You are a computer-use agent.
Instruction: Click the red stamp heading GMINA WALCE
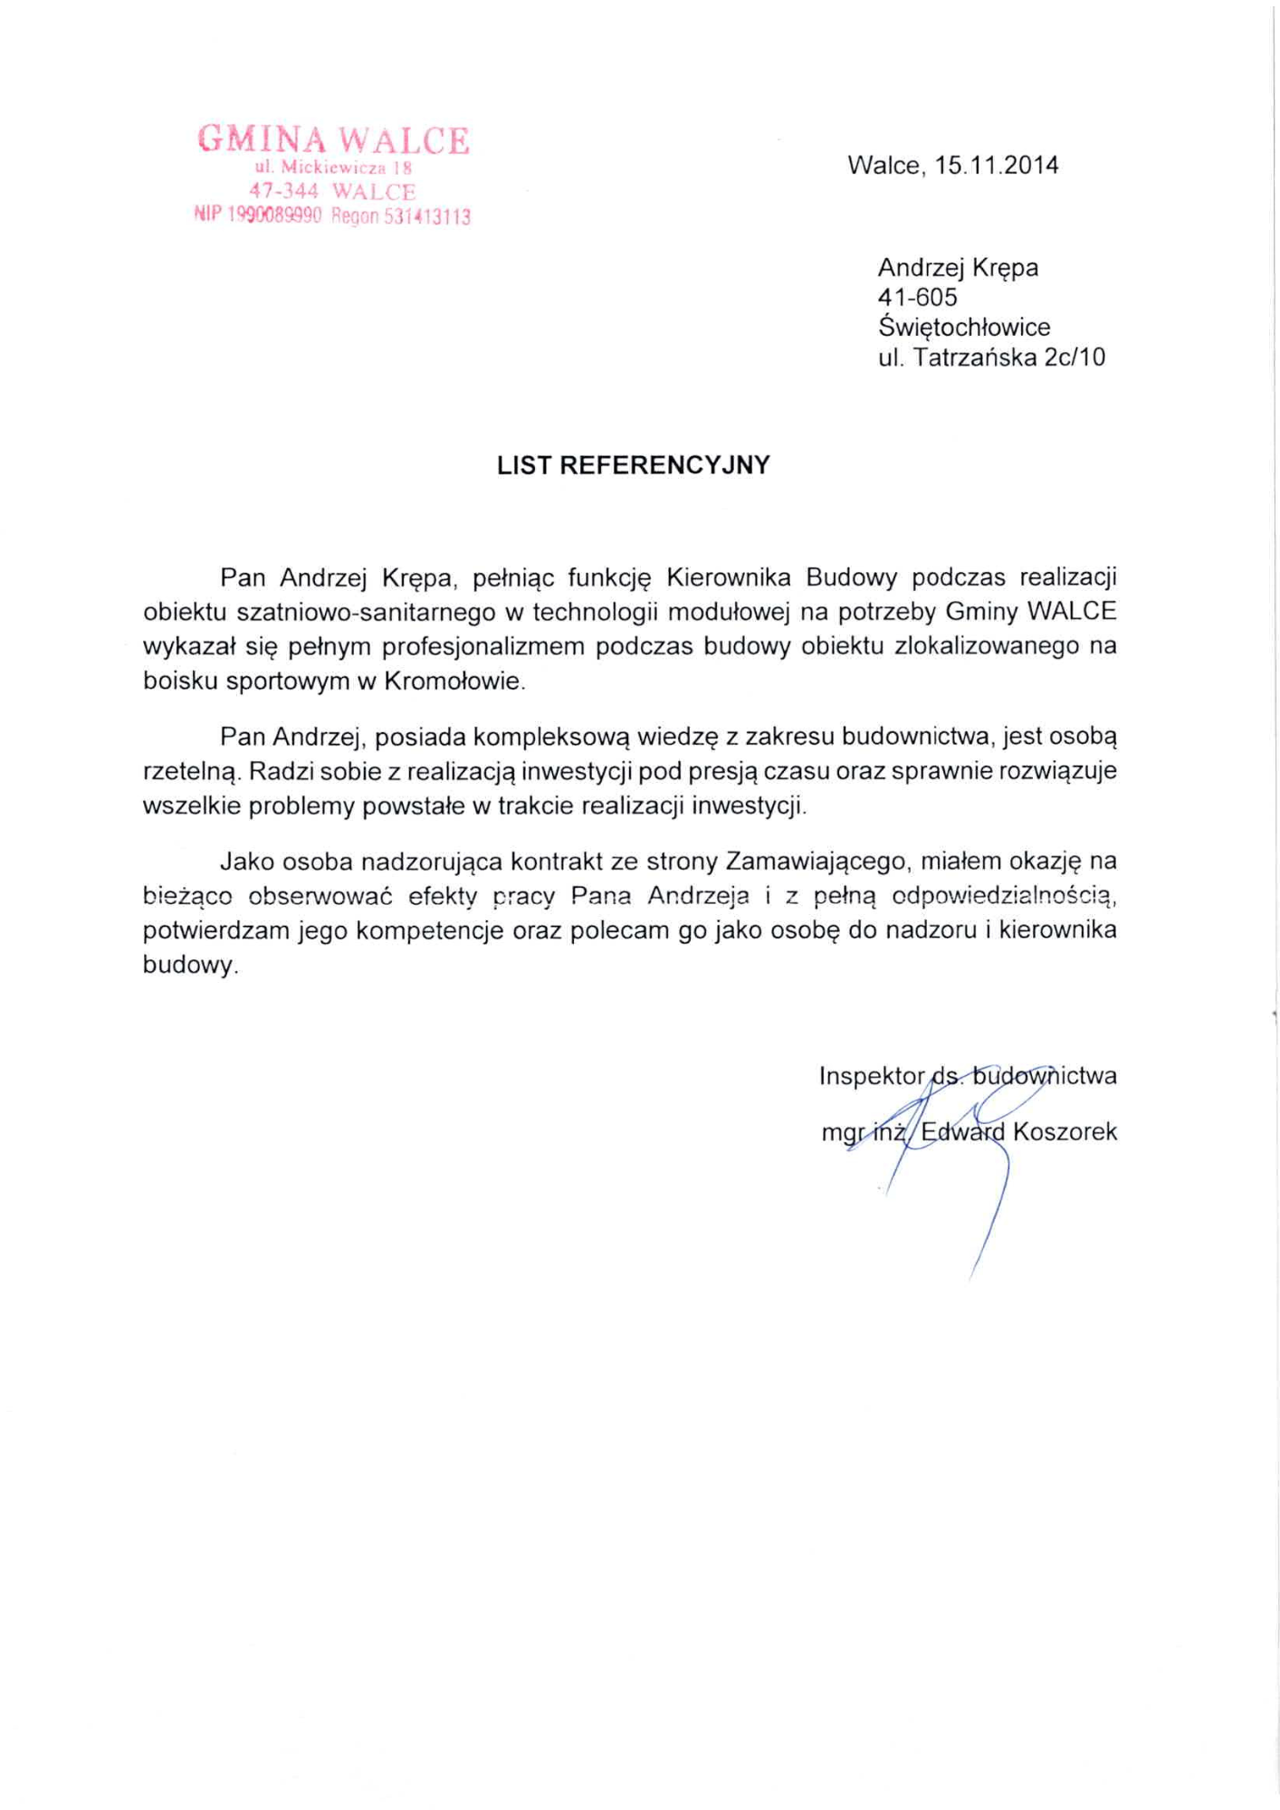(333, 140)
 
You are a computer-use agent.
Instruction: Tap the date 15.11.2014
(996, 166)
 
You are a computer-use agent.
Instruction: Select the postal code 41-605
(917, 298)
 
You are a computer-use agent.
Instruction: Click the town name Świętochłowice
(963, 328)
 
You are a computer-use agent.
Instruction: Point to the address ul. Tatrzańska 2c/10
(991, 357)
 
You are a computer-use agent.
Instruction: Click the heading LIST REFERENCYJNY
(633, 465)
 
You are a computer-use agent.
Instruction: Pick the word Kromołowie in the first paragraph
(454, 681)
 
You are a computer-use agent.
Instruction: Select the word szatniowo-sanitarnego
(367, 613)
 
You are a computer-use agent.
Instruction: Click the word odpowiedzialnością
(1002, 896)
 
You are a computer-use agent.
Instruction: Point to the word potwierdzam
(215, 930)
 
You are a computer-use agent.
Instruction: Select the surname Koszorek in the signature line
(1065, 1132)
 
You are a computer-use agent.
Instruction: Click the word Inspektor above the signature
(871, 1076)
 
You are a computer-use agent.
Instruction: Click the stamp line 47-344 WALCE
(332, 192)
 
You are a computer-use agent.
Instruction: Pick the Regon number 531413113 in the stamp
(426, 217)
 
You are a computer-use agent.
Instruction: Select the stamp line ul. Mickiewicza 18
(333, 167)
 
